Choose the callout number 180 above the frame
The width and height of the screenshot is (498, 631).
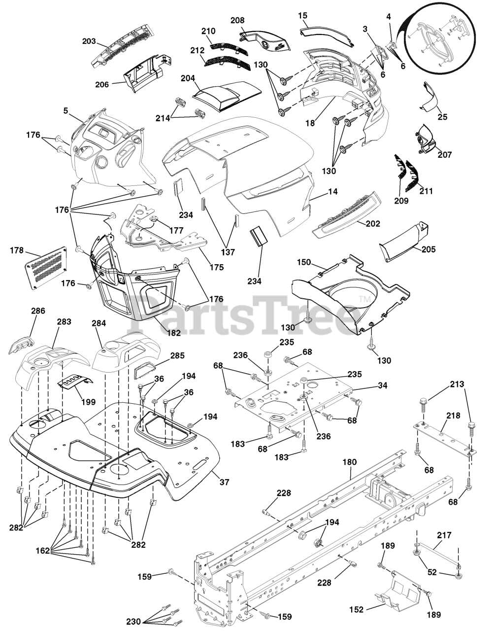[349, 462]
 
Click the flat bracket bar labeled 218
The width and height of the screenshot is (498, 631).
[443, 436]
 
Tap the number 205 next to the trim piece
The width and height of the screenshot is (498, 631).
[429, 249]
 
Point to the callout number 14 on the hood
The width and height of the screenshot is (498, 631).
[332, 192]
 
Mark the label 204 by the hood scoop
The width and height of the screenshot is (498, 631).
[188, 78]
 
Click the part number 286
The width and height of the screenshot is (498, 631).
[38, 311]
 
